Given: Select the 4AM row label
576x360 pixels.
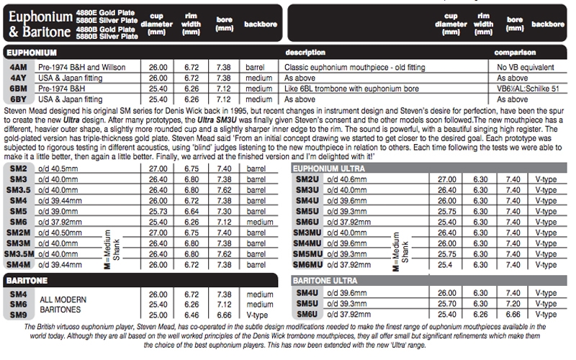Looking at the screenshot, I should (19, 67).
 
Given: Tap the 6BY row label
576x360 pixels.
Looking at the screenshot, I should (19, 99).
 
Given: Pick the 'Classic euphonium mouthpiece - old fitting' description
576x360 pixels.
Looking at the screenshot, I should (343, 67).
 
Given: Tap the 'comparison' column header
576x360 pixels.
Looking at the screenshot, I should (516, 53).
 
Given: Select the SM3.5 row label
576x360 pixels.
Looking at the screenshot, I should (17, 189).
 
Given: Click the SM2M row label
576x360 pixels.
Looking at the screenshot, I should (17, 234).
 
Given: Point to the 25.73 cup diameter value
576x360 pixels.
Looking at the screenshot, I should (158, 212).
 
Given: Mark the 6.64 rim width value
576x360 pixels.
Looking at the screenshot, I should (191, 212).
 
